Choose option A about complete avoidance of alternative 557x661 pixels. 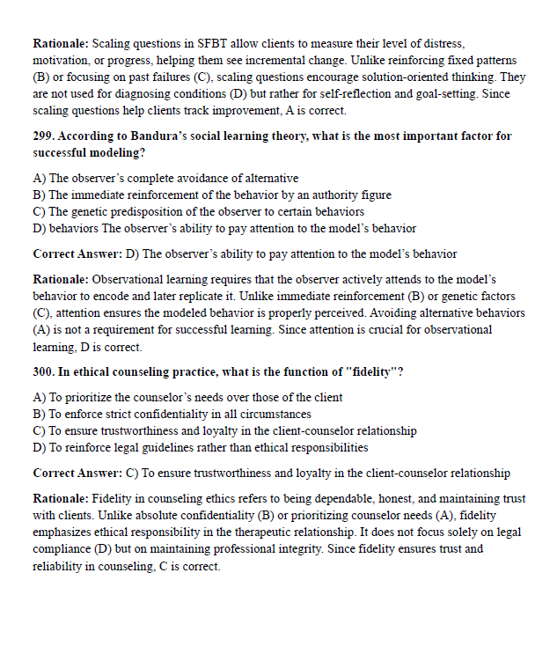click(165, 179)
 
